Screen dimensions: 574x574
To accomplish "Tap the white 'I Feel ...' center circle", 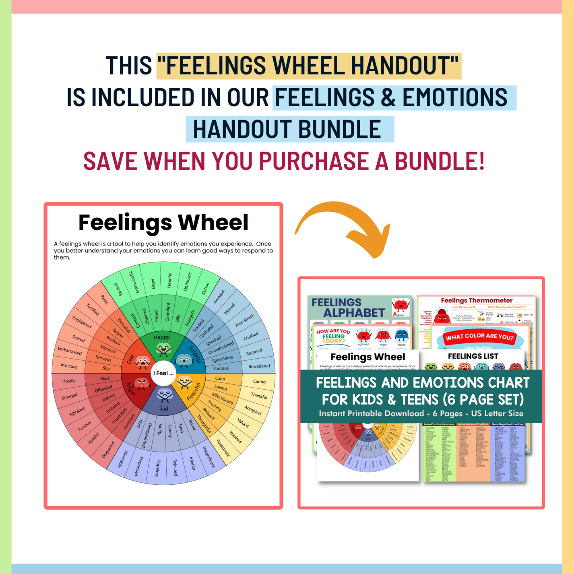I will coord(163,373).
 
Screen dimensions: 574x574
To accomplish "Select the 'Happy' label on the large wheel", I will coord(162,337).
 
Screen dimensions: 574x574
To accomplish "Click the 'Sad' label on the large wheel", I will coord(163,409).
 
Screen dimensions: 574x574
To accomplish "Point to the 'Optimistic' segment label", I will coord(188,281).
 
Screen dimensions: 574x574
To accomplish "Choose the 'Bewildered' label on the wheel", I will coord(259,366).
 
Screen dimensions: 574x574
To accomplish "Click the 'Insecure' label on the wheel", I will coord(69,366).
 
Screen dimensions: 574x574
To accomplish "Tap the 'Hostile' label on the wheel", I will coord(69,381).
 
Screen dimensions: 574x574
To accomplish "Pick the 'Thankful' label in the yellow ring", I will coord(259,396).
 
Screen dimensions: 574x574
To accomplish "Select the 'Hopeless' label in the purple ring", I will coord(158,468).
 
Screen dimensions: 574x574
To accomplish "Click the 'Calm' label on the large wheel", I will coord(220,378).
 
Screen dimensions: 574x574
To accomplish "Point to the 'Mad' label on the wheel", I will coord(105,378).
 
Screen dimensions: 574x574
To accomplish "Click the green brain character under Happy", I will coord(163,349).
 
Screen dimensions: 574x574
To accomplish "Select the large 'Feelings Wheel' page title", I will coord(163,223).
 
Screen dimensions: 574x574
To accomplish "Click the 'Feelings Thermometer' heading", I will coord(477,300).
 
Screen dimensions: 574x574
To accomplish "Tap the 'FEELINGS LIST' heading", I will coord(473,356).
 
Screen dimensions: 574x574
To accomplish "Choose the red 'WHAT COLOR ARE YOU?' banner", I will coord(480,337).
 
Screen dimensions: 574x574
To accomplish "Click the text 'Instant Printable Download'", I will coord(371,413).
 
